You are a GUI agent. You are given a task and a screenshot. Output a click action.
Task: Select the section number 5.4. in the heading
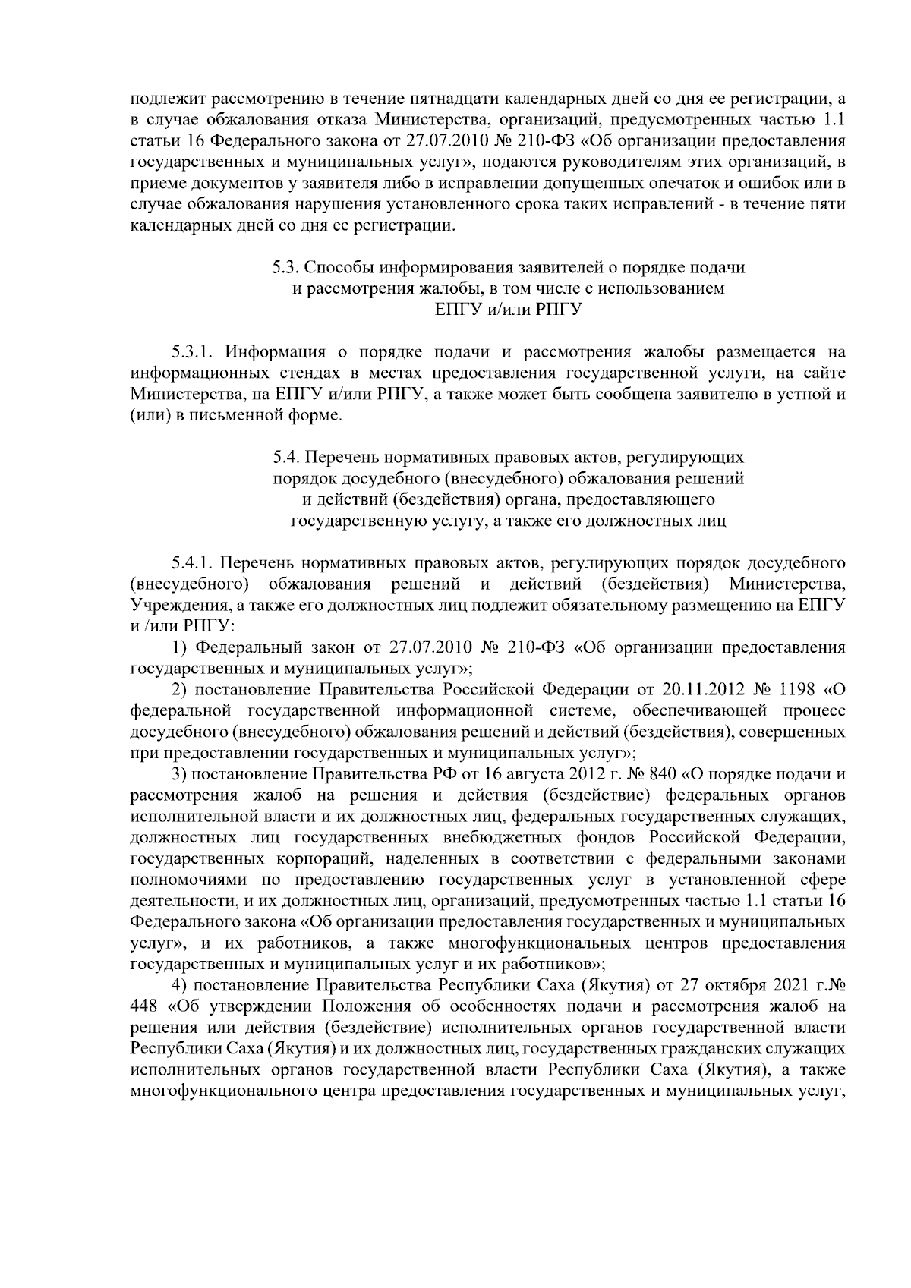point(286,458)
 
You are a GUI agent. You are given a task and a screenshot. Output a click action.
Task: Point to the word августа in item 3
point(532,774)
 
